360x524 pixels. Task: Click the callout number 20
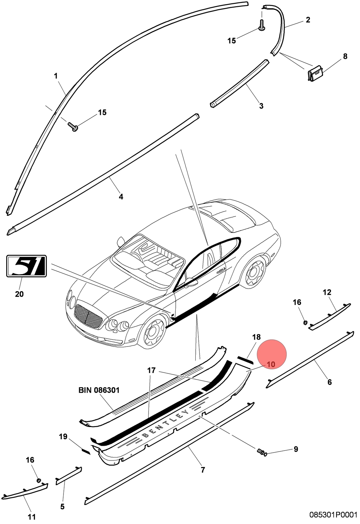tap(19, 294)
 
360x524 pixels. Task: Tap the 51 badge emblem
tap(27, 266)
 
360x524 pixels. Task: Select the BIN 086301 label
tap(99, 390)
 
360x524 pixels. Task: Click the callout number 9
tap(296, 449)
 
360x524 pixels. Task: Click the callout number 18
tap(257, 337)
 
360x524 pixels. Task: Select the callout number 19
tap(63, 437)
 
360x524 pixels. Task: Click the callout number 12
tap(327, 292)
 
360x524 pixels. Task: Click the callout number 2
tap(308, 20)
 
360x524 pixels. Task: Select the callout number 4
tap(121, 197)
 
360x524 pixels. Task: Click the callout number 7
tap(203, 470)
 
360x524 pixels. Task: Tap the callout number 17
tap(152, 370)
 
